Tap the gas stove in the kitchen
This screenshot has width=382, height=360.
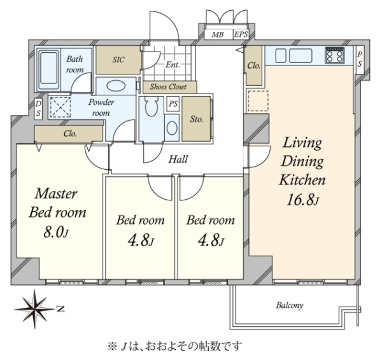[x=335, y=55]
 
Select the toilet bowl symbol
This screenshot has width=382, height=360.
[x=152, y=107]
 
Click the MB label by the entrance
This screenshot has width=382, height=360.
[x=217, y=34]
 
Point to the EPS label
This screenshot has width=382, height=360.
[x=241, y=34]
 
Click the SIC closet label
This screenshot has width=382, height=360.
[x=118, y=60]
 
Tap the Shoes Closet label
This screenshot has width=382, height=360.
[x=168, y=87]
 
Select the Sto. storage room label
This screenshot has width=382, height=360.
[x=196, y=120]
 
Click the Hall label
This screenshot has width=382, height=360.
[x=178, y=159]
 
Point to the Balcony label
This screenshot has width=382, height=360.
[x=290, y=305]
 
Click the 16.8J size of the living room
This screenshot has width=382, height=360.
[x=302, y=200]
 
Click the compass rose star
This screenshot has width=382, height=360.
[x=34, y=309]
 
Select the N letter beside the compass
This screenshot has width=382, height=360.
[x=60, y=309]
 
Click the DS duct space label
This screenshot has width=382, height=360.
[x=38, y=109]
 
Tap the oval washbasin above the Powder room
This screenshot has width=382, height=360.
[x=116, y=86]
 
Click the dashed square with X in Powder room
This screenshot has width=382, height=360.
[x=60, y=107]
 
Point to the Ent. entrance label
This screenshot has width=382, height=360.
[x=173, y=64]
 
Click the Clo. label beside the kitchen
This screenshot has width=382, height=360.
[x=254, y=66]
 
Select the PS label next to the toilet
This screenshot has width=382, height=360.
[x=173, y=104]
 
